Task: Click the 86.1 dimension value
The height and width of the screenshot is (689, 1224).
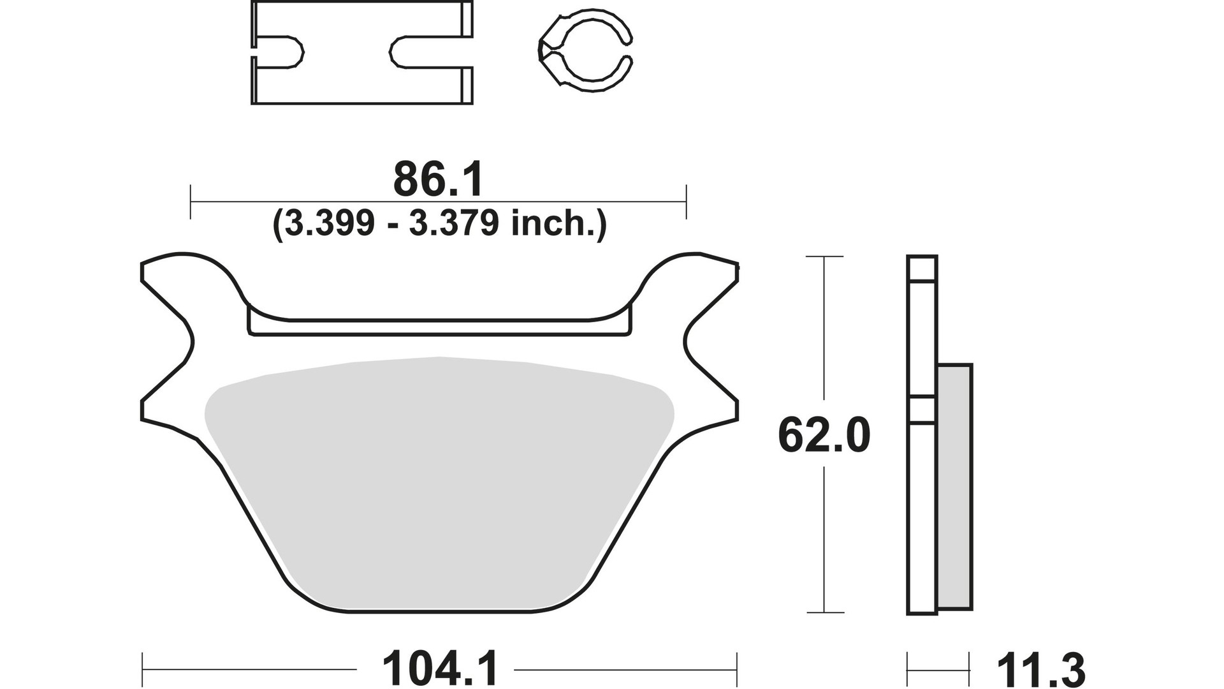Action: (438, 180)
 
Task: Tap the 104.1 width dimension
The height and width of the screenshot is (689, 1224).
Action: (439, 669)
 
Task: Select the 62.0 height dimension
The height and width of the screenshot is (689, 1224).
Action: (824, 436)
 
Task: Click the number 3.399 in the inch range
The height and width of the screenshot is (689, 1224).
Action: (330, 224)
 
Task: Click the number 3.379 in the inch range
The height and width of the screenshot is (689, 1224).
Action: (453, 224)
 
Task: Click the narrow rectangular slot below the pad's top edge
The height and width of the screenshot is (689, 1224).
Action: (440, 326)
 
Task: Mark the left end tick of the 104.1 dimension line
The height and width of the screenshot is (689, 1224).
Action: (142, 670)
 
